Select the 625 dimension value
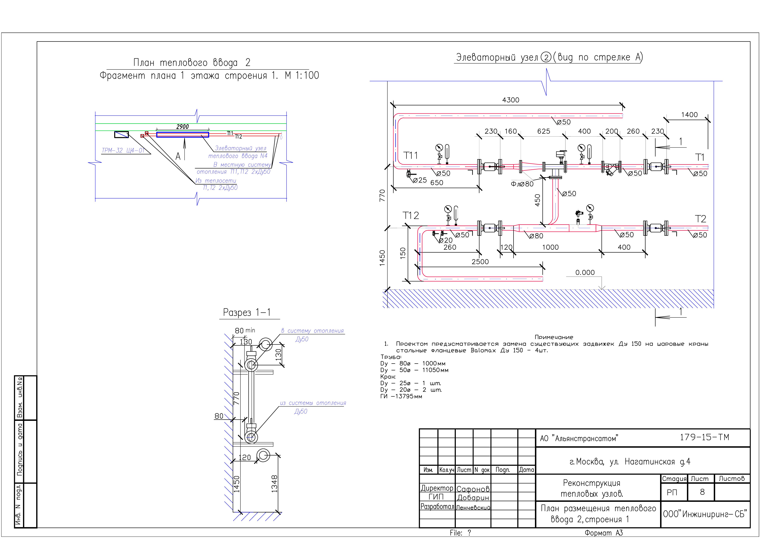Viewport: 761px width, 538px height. [544, 131]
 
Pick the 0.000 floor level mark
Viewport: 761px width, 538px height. [585, 273]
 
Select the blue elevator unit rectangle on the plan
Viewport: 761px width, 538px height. [183, 135]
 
